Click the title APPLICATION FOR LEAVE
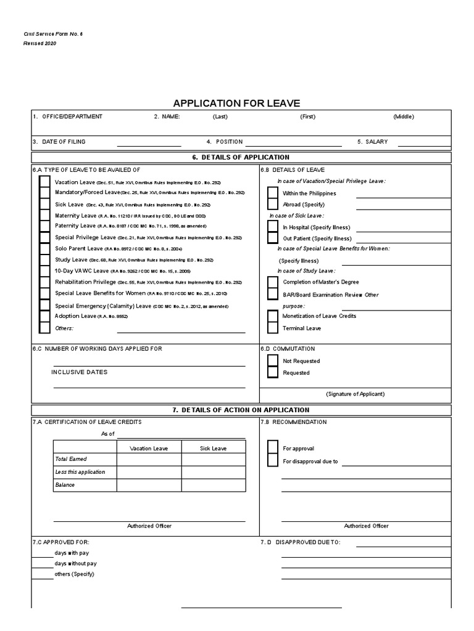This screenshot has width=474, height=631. click(x=236, y=103)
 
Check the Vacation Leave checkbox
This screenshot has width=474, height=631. click(x=44, y=182)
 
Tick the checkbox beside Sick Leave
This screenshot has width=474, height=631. click(x=44, y=204)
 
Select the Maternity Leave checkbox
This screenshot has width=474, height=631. click(x=44, y=216)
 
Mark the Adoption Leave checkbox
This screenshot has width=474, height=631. click(x=44, y=316)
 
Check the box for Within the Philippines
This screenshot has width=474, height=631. click(x=272, y=193)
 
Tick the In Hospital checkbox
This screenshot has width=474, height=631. click(x=272, y=227)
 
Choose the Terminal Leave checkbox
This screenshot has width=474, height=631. click(x=272, y=328)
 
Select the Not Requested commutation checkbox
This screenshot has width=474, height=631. click(x=272, y=360)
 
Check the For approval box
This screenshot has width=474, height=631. click(x=272, y=449)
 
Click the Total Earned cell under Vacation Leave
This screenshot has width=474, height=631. click(x=149, y=459)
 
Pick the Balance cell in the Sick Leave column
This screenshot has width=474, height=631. click(x=213, y=485)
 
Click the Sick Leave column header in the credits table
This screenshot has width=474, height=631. click(x=213, y=448)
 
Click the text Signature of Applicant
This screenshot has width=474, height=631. click(x=355, y=394)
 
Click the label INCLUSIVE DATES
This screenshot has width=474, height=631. click(x=79, y=372)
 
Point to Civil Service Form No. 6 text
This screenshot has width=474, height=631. click(x=52, y=34)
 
